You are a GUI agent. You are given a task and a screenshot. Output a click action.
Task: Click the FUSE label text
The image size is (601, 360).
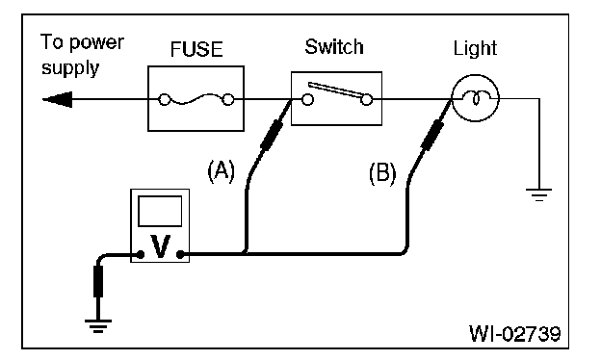pos(196,49)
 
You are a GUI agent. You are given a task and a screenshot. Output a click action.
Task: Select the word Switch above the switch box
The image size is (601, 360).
pos(334,47)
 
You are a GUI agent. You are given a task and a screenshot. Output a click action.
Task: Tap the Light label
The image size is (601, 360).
pos(475,49)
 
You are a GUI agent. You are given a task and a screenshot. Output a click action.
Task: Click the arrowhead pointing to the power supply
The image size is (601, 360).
pos(58,99)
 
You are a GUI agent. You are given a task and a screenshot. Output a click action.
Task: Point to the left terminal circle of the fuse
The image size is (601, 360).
pos(165,100)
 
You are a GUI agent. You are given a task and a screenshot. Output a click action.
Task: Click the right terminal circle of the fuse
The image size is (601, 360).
pos(228,99)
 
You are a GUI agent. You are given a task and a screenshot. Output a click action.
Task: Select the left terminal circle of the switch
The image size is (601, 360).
pos(307,100)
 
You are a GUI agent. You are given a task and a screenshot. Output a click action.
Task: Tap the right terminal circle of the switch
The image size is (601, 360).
pos(366,100)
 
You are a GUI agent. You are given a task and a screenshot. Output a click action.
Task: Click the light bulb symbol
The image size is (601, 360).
pos(475,98)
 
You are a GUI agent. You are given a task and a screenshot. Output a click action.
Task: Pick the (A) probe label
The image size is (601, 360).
pos(222,170)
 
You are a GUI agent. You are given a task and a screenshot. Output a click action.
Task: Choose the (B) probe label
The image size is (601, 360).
pos(382,173)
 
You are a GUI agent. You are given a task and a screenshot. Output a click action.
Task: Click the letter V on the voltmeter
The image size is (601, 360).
pos(160,246)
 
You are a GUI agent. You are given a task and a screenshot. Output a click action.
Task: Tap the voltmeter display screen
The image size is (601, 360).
pos(160,211)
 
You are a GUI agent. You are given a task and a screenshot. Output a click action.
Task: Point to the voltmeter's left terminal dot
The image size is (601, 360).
pos(141,254)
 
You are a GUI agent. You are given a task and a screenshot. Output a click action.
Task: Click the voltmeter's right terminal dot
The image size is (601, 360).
pos(180,254)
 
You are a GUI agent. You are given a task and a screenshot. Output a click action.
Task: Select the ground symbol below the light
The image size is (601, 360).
pos(539,194)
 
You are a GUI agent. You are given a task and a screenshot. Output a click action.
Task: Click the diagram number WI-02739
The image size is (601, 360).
pos(514,334)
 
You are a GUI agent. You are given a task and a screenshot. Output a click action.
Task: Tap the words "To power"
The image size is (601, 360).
pos(82,43)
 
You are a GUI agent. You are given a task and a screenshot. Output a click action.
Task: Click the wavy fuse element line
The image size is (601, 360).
pos(196,99)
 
